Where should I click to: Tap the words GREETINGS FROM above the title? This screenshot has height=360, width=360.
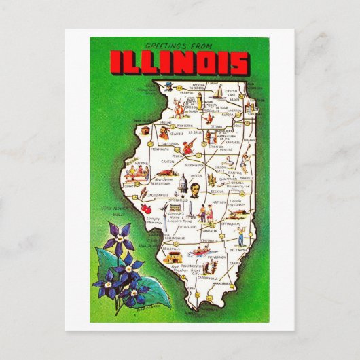(181, 43)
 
